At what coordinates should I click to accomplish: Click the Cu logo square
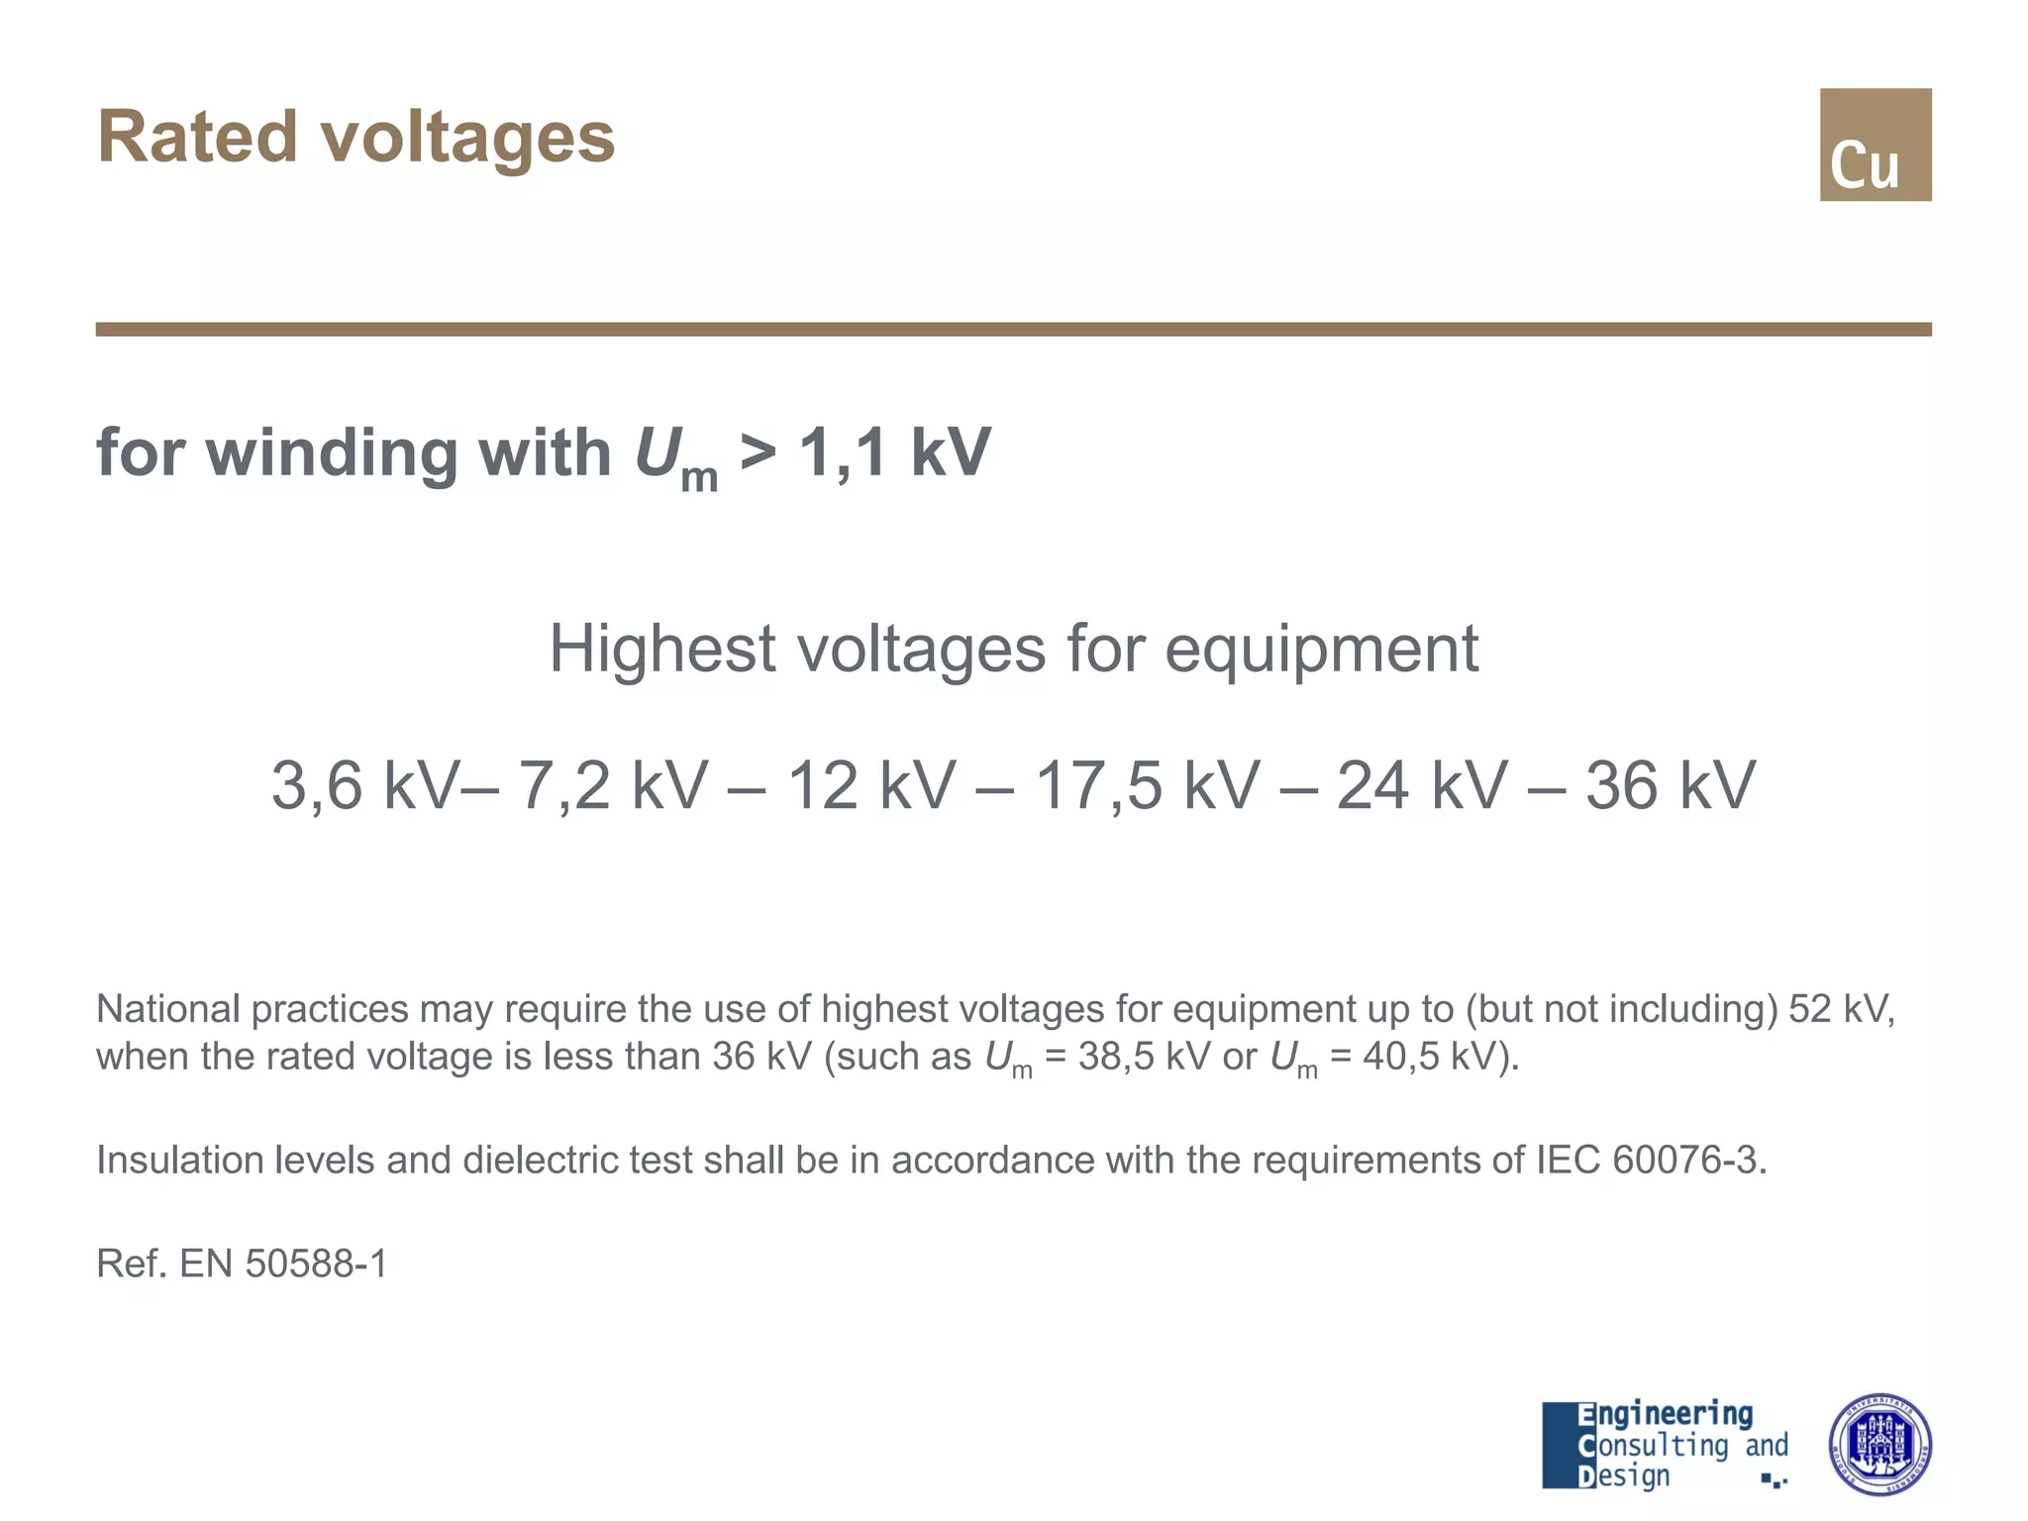1875,145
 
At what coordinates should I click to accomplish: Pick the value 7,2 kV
614,785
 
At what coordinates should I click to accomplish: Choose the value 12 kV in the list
871,785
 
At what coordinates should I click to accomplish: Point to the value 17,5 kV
1148,785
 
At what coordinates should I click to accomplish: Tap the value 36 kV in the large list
1671,785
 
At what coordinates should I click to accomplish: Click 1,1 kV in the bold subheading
894,453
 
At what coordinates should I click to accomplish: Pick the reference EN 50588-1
283,1264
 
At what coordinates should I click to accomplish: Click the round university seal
1878,1445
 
